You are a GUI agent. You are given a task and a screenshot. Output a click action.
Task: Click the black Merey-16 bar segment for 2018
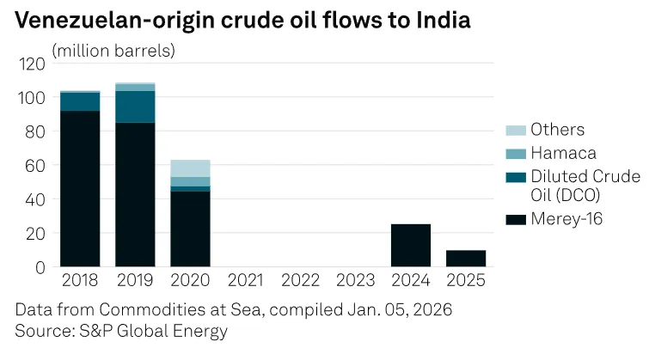(x=80, y=188)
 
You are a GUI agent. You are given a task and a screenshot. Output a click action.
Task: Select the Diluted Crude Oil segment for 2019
(x=135, y=107)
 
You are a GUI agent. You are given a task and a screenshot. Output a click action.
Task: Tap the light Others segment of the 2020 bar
(x=190, y=168)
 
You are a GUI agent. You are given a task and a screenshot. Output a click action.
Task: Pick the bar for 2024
(x=410, y=245)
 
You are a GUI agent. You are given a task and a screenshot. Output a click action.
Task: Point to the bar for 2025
(x=465, y=258)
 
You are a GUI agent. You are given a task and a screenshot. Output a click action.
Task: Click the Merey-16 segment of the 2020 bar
(x=190, y=229)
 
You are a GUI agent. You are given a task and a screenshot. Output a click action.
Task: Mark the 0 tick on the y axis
(x=40, y=266)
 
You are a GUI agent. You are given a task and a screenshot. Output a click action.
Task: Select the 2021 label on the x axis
(x=245, y=281)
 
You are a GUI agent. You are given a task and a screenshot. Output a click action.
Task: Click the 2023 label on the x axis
(x=355, y=281)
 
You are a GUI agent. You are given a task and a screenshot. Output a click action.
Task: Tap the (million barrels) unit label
(x=113, y=50)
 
